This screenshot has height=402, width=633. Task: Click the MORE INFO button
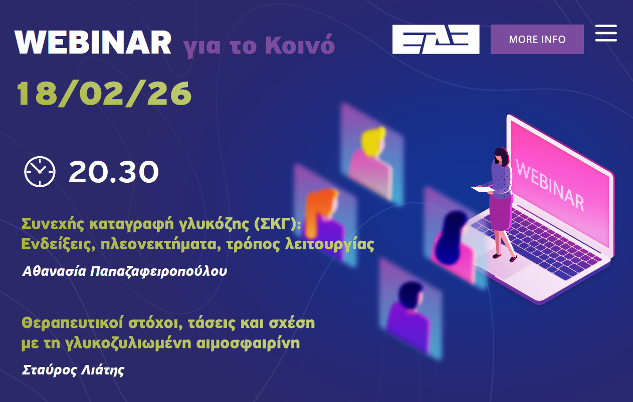tap(537, 39)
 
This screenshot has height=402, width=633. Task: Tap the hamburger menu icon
tap(606, 33)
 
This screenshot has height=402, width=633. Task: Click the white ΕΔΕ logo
tap(436, 39)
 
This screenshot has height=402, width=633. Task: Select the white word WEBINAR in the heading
tap(93, 43)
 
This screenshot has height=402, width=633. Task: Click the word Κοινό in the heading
tap(300, 45)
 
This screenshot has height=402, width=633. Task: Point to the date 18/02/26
tap(104, 94)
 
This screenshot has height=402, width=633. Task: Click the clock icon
tap(40, 171)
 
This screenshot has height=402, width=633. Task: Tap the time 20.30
tap(114, 171)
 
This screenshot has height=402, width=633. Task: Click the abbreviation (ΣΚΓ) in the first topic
tap(277, 224)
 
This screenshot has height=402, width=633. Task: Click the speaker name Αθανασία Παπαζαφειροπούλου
tap(125, 271)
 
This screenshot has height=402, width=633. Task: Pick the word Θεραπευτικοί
tap(72, 323)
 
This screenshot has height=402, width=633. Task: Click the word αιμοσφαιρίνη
tap(248, 343)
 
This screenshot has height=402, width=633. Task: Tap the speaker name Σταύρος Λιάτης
tap(73, 370)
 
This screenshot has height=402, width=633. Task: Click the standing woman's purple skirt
tap(500, 213)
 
